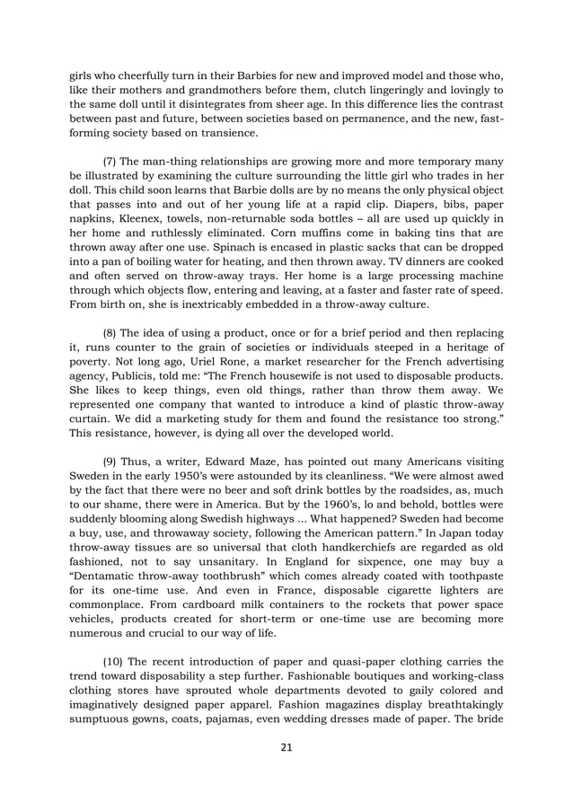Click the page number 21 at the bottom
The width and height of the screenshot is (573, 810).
coord(286,747)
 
